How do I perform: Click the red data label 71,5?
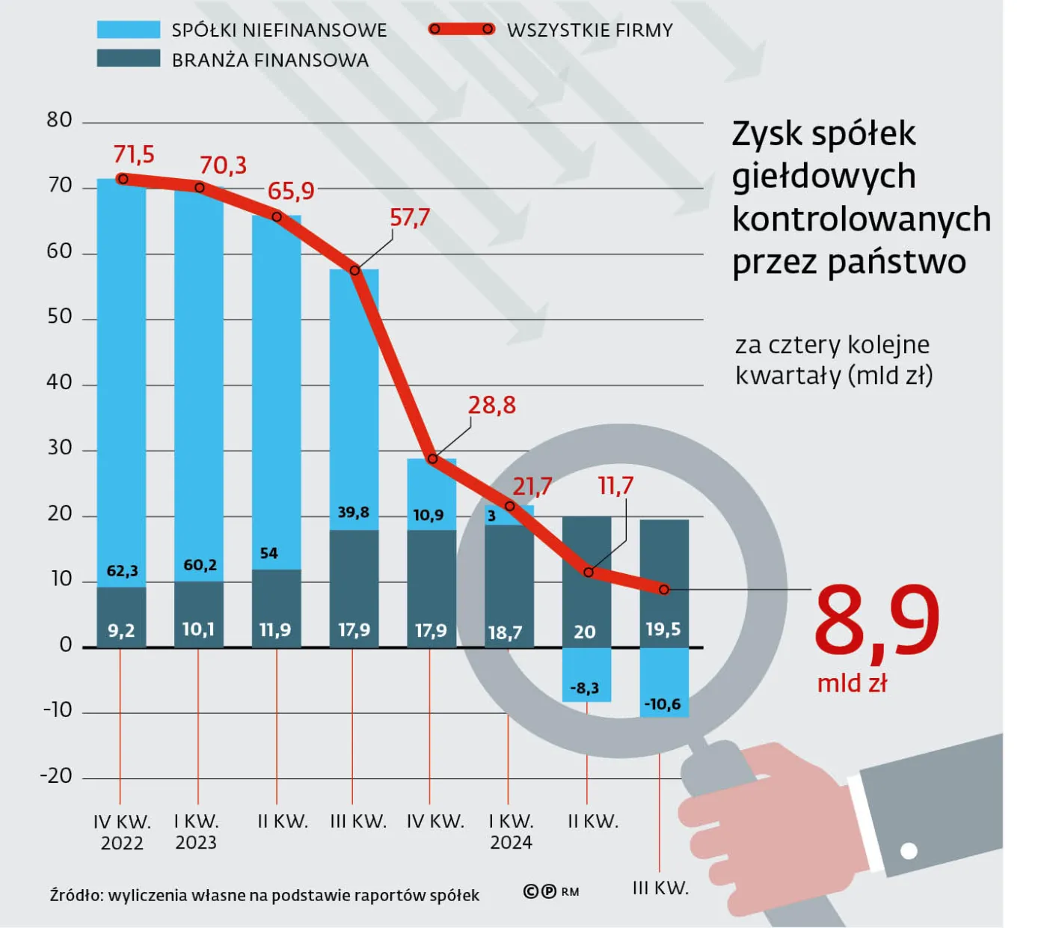[x=134, y=154]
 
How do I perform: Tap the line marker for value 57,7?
[x=355, y=270]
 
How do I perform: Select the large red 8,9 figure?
[x=876, y=620]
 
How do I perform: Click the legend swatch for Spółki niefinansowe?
[x=128, y=30]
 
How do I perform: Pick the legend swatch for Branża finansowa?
[x=128, y=59]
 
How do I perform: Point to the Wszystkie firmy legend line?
[x=461, y=29]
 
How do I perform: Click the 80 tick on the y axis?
[x=60, y=120]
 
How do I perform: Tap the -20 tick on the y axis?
[x=57, y=776]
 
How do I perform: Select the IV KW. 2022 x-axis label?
[x=122, y=832]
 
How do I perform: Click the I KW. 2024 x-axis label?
[x=511, y=832]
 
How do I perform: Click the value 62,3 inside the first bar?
[x=122, y=571]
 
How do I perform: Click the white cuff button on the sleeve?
[x=909, y=851]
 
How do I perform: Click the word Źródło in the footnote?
[x=75, y=895]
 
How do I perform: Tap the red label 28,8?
[x=491, y=405]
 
